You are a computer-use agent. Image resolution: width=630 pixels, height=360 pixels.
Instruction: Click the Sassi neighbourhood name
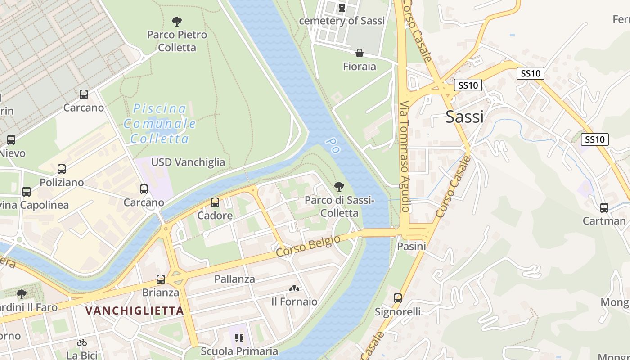pyautogui.click(x=464, y=117)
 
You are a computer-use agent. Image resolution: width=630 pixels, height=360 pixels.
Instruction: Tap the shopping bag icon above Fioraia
pyautogui.click(x=360, y=54)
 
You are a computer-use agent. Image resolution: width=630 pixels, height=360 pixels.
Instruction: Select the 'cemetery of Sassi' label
pyautogui.click(x=342, y=21)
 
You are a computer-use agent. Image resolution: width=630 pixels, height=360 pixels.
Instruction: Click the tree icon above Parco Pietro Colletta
pyautogui.click(x=177, y=21)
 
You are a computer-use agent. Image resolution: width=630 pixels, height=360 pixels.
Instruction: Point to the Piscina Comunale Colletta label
pyautogui.click(x=160, y=124)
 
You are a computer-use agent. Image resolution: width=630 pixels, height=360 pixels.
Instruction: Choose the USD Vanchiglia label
pyautogui.click(x=188, y=162)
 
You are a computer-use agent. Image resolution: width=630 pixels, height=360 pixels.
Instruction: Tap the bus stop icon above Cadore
pyautogui.click(x=215, y=202)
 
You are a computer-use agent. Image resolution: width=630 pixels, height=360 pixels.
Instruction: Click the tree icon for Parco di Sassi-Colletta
pyautogui.click(x=339, y=187)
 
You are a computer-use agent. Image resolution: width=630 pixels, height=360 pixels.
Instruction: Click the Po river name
pyautogui.click(x=332, y=145)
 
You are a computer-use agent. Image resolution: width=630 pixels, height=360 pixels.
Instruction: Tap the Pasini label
pyautogui.click(x=411, y=247)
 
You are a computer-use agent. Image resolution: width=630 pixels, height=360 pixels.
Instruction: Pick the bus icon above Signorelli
pyautogui.click(x=398, y=298)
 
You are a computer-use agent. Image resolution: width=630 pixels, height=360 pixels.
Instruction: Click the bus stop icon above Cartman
pyautogui.click(x=604, y=208)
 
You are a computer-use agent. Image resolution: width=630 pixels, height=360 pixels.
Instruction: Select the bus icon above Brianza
pyautogui.click(x=161, y=279)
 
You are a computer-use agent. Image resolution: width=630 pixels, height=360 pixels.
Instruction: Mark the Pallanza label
pyautogui.click(x=234, y=279)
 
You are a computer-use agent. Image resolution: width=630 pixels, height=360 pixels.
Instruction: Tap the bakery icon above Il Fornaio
pyautogui.click(x=294, y=288)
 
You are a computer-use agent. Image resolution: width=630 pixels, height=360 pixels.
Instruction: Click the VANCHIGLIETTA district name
pyautogui.click(x=135, y=310)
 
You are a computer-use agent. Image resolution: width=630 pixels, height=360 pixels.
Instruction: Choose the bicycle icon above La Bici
pyautogui.click(x=82, y=342)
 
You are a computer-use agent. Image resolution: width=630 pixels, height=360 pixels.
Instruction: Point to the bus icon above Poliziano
pyautogui.click(x=62, y=169)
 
